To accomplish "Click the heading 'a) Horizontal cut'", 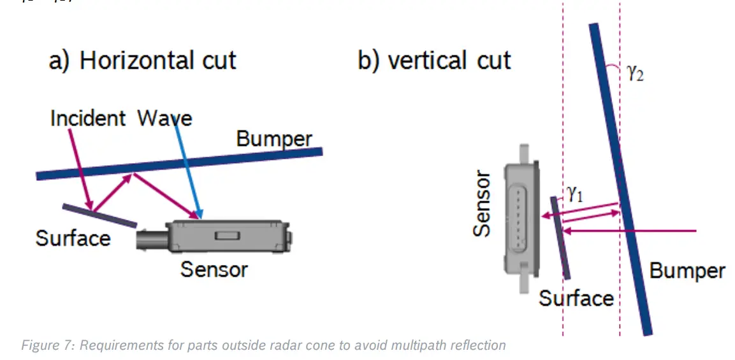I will (143, 61).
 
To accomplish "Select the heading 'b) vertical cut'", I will (434, 61).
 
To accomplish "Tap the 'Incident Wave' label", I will (121, 119).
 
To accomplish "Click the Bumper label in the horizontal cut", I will (274, 138).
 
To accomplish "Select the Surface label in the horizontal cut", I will (73, 238).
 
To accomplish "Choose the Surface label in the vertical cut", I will (576, 298).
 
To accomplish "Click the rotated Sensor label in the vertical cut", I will (483, 204).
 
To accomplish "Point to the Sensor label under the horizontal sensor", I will (214, 269).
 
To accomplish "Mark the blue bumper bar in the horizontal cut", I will (178, 163).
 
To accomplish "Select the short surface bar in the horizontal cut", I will (99, 215).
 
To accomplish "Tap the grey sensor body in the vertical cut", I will (521, 217).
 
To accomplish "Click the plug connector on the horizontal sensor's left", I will (150, 238).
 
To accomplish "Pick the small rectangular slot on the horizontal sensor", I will (225, 236).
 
